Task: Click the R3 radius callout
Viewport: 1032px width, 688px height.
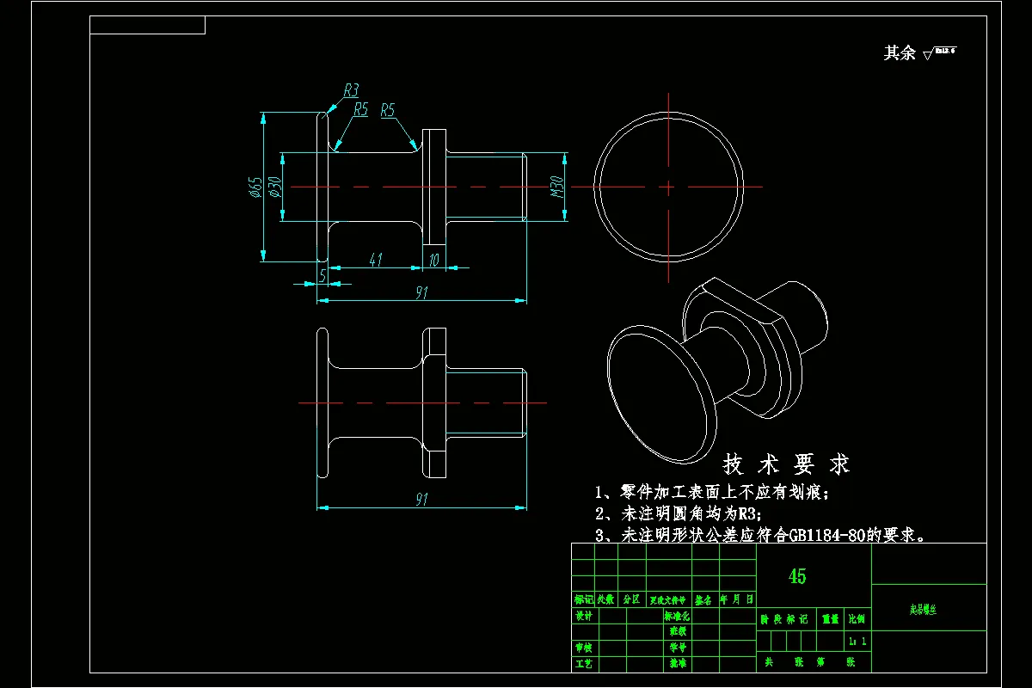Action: coord(351,89)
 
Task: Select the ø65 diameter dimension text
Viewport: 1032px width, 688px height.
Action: coord(255,187)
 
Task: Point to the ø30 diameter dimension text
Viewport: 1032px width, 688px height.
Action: coord(273,187)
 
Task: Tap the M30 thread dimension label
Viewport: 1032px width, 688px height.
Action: coord(556,187)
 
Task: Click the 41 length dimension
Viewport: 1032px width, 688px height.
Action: coord(375,260)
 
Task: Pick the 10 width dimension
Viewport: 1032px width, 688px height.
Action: coord(433,260)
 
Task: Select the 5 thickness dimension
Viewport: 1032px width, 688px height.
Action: coord(322,275)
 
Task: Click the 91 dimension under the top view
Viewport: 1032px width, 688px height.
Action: coord(421,292)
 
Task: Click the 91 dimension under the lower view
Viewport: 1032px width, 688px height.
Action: coord(421,500)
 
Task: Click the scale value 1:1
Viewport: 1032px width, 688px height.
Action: coord(857,642)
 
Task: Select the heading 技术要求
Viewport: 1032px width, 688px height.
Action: coord(786,465)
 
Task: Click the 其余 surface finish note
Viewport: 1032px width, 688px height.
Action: coord(900,53)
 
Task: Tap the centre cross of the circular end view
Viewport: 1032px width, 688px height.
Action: coord(668,186)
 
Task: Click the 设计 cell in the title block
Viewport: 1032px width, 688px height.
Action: coord(584,616)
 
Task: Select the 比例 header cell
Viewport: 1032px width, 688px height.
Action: coord(857,618)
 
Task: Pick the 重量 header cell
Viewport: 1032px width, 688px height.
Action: coord(830,618)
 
